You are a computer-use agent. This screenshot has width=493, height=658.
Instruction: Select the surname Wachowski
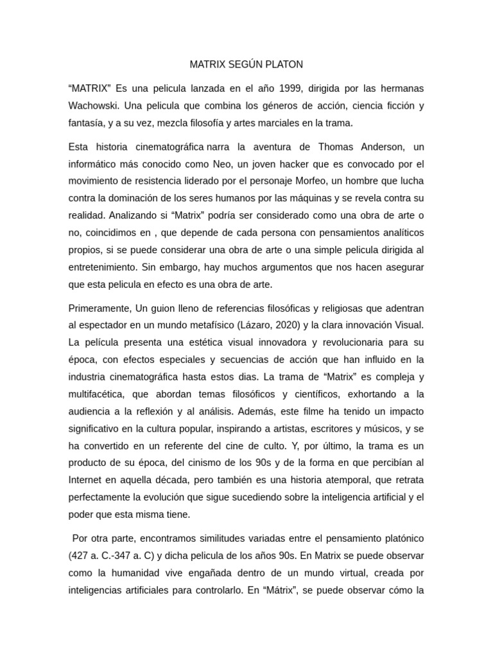pyautogui.click(x=94, y=105)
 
